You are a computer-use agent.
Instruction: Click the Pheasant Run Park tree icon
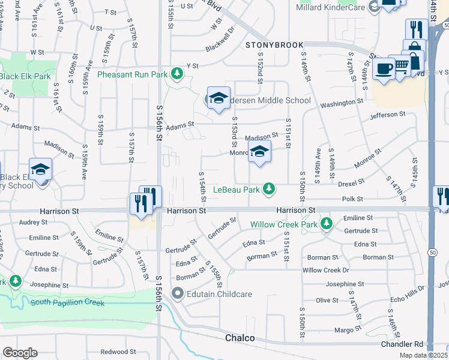coord(176,74)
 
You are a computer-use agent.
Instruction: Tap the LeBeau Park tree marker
coord(270,189)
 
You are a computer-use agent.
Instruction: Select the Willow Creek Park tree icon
coord(327,224)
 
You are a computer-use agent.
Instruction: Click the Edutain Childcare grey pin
coord(177,294)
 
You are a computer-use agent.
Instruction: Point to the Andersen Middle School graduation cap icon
coord(219,99)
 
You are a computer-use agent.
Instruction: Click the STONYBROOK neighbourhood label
coord(274,45)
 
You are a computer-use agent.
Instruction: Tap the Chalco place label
coord(240,338)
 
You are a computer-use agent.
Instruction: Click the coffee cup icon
coord(383,68)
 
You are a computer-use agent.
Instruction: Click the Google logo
coord(20,353)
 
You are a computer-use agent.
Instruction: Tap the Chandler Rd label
coord(402,344)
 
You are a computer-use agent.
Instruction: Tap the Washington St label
coord(338,103)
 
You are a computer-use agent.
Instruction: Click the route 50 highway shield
coord(432,253)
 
